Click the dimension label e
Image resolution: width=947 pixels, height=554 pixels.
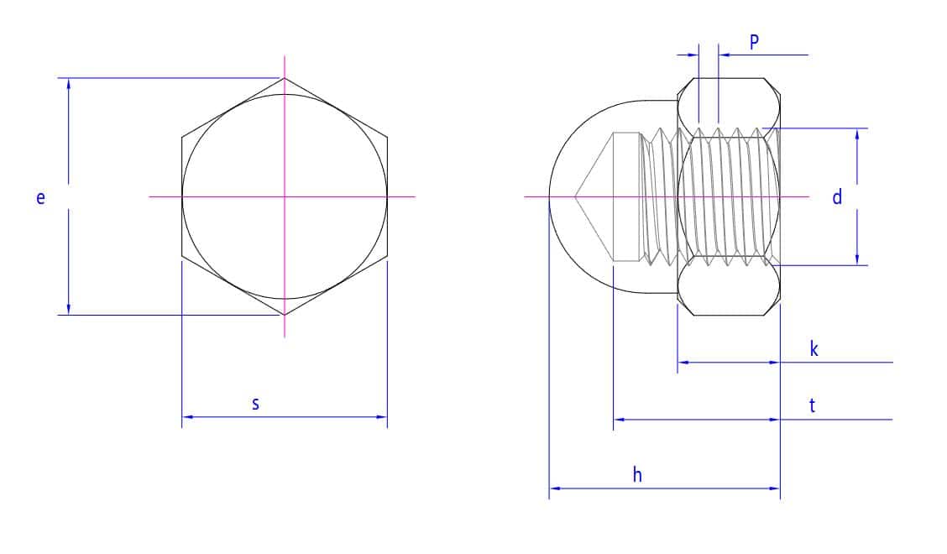click(40, 198)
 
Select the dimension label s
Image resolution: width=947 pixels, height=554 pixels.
click(255, 404)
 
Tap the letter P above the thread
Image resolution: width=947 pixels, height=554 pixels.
click(754, 42)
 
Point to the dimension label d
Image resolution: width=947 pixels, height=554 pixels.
click(837, 197)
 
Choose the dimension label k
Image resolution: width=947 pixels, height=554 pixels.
click(814, 348)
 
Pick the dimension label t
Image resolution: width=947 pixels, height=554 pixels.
click(813, 405)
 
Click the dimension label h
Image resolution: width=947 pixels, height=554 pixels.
click(637, 475)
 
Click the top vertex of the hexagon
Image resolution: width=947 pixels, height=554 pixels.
click(285, 78)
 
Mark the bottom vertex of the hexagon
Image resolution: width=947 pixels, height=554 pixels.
click(285, 315)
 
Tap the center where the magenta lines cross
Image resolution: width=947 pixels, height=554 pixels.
click(285, 196)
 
